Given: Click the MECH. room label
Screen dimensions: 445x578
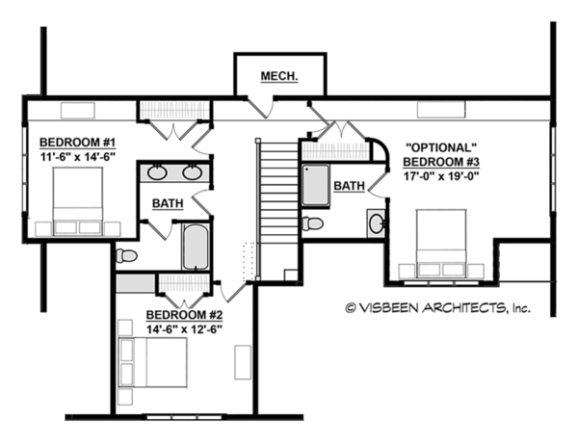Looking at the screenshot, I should point(277,75).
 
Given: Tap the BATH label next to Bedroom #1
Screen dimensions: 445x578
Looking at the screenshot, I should point(167,204).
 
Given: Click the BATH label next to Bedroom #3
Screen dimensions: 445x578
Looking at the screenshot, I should point(349,185).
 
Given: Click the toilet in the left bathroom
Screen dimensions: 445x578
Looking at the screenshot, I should point(126,255).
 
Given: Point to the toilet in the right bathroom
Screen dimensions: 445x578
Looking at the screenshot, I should point(312,223).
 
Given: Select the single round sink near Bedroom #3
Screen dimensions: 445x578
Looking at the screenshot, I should point(377,224).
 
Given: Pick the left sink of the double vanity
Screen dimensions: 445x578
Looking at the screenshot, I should point(158,173).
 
